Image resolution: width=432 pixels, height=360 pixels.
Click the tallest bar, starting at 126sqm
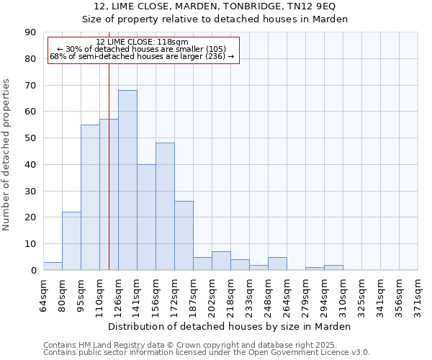pos(127,180)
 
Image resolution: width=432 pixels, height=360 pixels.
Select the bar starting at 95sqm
pos(90,197)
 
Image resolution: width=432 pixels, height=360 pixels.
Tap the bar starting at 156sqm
pos(165,207)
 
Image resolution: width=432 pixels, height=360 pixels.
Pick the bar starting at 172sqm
pos(184,235)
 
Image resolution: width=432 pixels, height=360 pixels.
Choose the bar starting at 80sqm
pos(71,241)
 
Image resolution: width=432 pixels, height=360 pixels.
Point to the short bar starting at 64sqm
pos(53,266)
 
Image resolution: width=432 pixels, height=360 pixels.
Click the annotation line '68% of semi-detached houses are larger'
pos(142,56)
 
